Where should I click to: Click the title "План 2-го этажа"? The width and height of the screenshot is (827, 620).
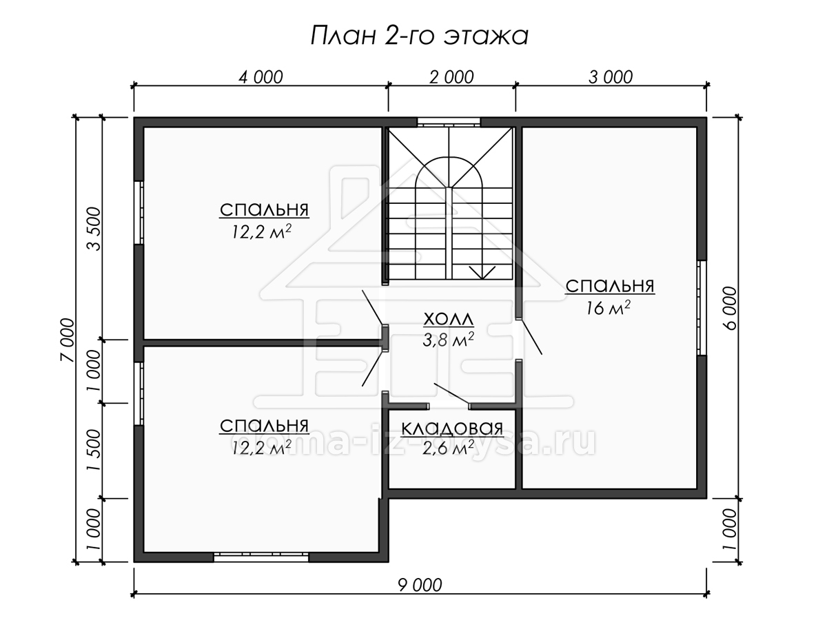tap(419, 36)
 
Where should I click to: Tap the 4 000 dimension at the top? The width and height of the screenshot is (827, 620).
tap(261, 78)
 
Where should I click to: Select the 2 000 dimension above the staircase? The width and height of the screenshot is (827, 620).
tap(451, 78)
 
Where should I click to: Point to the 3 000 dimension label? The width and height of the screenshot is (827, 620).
tap(611, 78)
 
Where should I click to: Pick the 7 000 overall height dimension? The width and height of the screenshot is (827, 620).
tap(68, 340)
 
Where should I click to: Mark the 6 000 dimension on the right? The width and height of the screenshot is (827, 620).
tap(730, 309)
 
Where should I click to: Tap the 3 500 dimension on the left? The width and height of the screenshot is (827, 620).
tap(94, 229)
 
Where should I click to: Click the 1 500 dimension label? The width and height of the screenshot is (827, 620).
tap(94, 451)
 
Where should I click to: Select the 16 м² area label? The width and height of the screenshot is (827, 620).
tap(608, 309)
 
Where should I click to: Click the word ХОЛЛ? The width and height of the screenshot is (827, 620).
tap(449, 319)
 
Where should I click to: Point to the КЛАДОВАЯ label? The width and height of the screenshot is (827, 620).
tap(452, 428)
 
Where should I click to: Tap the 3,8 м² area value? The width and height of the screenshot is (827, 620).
tap(449, 340)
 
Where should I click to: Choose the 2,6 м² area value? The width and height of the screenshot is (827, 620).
tap(449, 448)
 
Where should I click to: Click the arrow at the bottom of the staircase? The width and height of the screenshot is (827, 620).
tap(482, 272)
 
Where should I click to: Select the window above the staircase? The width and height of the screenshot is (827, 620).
tap(449, 123)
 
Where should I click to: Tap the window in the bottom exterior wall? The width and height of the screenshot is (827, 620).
tap(261, 557)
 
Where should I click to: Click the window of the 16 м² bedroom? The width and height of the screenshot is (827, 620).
tap(701, 307)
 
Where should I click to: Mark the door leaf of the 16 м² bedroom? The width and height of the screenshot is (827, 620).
tap(531, 336)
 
